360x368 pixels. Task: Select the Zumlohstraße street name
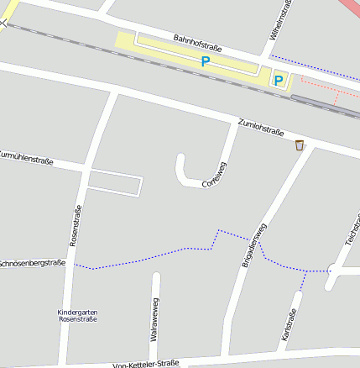tap(261, 128)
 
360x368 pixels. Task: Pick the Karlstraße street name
tap(289, 329)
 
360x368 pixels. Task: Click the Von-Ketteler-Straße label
tap(146, 364)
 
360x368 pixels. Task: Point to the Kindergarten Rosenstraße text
tap(77, 316)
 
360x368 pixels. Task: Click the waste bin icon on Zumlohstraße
tap(299, 146)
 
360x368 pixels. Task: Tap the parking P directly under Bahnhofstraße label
tap(205, 62)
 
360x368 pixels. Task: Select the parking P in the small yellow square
tap(279, 81)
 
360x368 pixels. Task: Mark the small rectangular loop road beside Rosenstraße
tap(115, 182)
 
